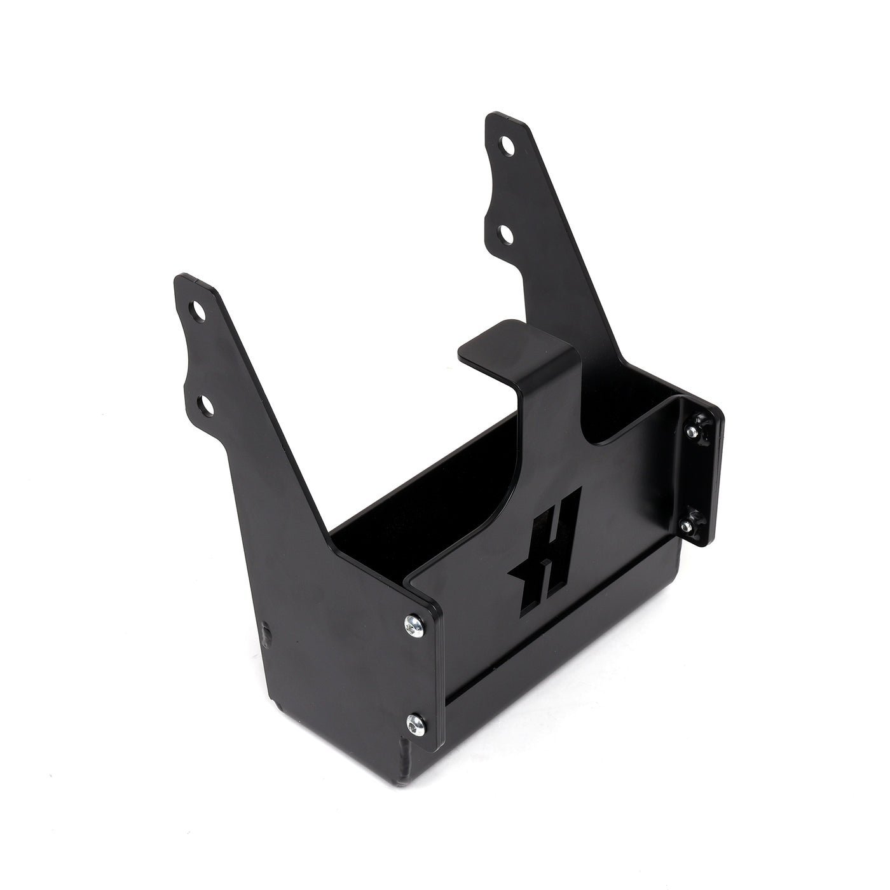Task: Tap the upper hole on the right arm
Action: pyautogui.click(x=507, y=146)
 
